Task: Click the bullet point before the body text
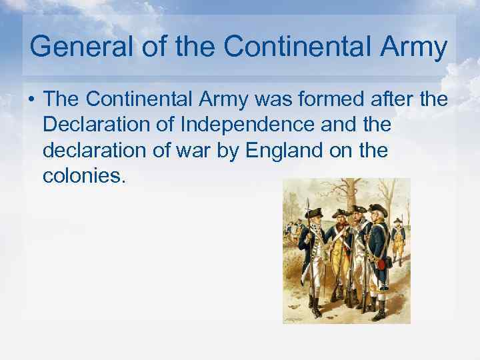(x=31, y=99)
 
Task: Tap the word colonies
(x=83, y=177)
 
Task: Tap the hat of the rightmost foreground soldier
(x=378, y=209)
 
